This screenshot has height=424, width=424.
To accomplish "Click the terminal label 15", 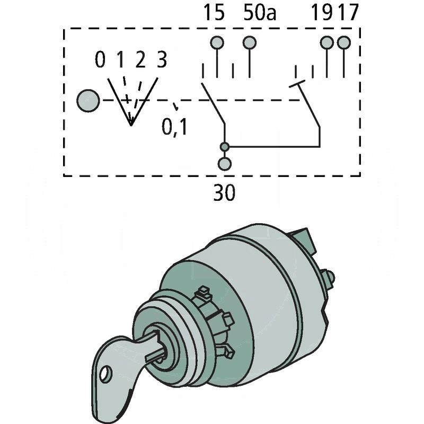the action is [x=214, y=12].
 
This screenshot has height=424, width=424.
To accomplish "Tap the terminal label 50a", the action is [x=260, y=12].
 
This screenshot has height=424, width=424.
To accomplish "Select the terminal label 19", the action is [x=322, y=12].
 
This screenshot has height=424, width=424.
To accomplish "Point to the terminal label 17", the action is [x=349, y=12].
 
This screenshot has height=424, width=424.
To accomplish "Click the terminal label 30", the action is [x=224, y=192].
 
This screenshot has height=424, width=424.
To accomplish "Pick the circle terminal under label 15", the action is [x=217, y=43].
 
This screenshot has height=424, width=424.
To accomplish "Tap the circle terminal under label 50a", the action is [x=249, y=43].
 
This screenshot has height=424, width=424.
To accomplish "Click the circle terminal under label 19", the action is [x=327, y=42].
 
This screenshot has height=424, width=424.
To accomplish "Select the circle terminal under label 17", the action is [x=344, y=42].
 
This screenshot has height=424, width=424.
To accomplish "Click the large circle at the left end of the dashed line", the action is [x=88, y=101].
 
